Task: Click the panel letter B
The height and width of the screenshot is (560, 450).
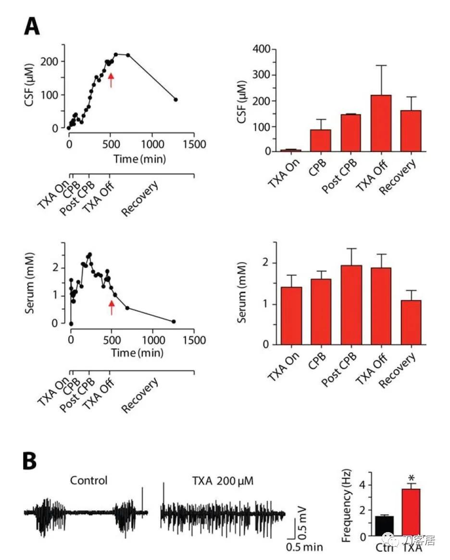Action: [30, 460]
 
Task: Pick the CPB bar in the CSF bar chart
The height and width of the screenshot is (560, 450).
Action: [320, 140]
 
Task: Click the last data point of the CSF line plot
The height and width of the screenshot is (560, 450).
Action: [176, 100]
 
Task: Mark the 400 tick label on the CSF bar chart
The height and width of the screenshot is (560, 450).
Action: [266, 50]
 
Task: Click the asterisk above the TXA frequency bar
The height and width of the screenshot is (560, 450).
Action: [411, 478]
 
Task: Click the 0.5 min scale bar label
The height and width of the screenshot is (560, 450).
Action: [304, 547]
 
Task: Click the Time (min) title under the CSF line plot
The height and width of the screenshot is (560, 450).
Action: [139, 159]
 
